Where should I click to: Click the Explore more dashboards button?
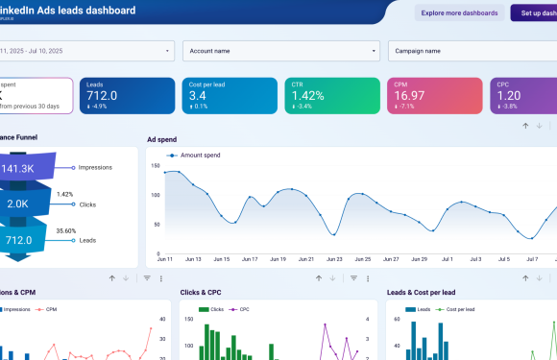(x=459, y=12)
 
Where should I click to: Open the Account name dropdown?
(x=281, y=51)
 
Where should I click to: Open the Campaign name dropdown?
(x=471, y=51)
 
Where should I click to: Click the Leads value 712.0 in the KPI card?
(x=101, y=95)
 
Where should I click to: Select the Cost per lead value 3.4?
(x=197, y=95)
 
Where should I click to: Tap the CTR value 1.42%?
(x=309, y=95)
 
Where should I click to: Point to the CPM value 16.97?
(x=409, y=95)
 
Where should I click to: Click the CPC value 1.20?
(x=509, y=95)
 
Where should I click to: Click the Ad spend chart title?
(x=161, y=139)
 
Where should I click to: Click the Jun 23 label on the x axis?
(x=334, y=259)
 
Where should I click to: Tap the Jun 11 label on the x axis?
(x=165, y=259)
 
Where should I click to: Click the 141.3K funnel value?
(x=18, y=168)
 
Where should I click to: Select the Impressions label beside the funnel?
(x=95, y=167)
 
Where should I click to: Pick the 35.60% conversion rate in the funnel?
(x=65, y=230)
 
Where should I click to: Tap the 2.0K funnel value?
(x=18, y=204)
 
